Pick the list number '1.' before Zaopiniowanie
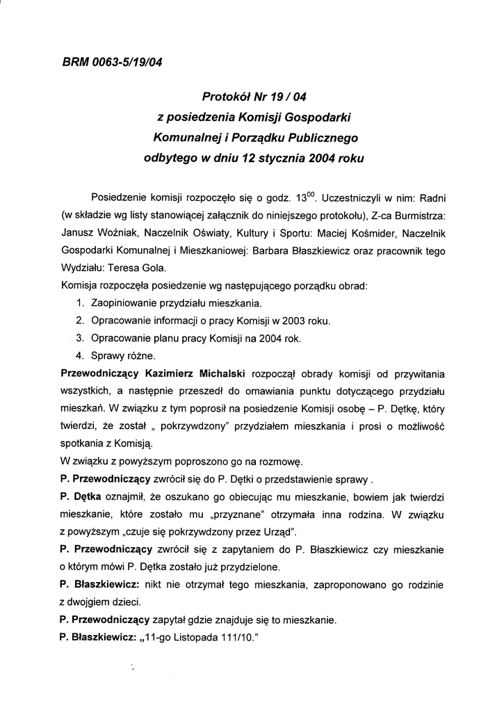point(81,304)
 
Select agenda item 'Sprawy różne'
point(118,356)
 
